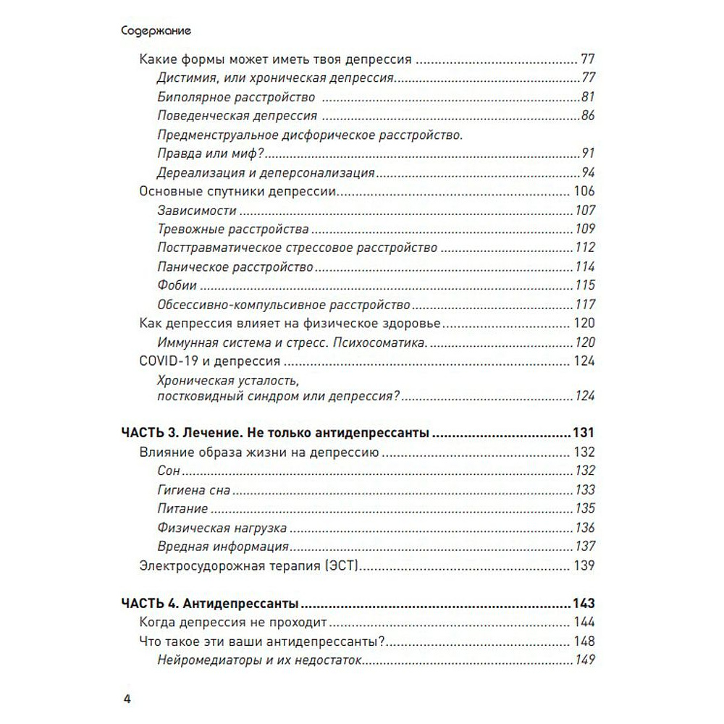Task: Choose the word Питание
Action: click(182, 509)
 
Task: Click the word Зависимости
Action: click(196, 211)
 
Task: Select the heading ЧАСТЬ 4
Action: click(149, 603)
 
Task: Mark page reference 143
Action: click(583, 603)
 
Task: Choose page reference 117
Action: click(584, 305)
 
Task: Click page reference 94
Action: click(587, 173)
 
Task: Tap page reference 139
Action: click(584, 566)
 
